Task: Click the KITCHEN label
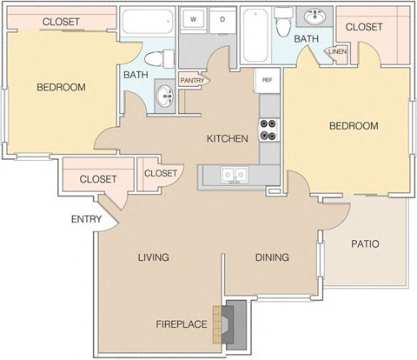tap(227, 138)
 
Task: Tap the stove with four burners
tap(269, 136)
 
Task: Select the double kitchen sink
tap(230, 176)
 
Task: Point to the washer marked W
tap(194, 18)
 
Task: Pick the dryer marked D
tap(222, 18)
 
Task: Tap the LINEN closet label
tap(338, 54)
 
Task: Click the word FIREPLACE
tap(181, 324)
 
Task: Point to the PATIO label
tap(365, 244)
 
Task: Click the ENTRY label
tap(86, 218)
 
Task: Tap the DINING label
tap(272, 257)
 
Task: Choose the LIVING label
tap(152, 257)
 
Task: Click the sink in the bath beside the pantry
tap(163, 96)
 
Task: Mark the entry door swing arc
tap(111, 215)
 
